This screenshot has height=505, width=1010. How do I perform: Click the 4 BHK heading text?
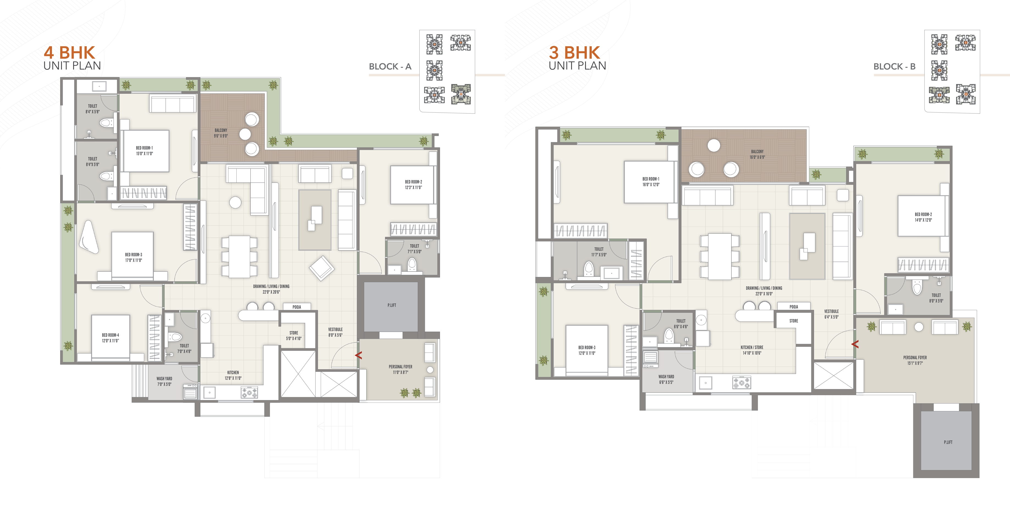70,52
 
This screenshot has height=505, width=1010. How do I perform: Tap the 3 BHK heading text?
574,52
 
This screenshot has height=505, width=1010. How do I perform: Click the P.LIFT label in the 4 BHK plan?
392,305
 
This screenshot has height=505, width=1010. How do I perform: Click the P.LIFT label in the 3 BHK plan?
948,442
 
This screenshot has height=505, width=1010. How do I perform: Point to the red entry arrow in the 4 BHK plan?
358,355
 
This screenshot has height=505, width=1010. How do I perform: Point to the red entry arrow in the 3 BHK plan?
855,344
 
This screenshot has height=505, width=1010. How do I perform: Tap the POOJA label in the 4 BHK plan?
297,307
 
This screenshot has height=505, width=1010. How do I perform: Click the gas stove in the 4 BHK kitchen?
249,392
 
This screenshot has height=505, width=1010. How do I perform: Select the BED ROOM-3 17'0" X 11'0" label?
133,257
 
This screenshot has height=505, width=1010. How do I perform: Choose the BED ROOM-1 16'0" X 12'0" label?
651,182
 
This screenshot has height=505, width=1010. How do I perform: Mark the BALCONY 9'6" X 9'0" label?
221,133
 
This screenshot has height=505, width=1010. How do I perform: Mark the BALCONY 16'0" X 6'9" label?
757,154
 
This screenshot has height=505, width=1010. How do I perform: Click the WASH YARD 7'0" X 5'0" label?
164,381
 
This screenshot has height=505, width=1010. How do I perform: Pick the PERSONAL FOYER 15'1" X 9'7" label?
915,360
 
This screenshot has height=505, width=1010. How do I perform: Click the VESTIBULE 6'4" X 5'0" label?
831,314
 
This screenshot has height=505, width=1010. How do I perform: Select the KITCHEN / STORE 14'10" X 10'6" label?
752,350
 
